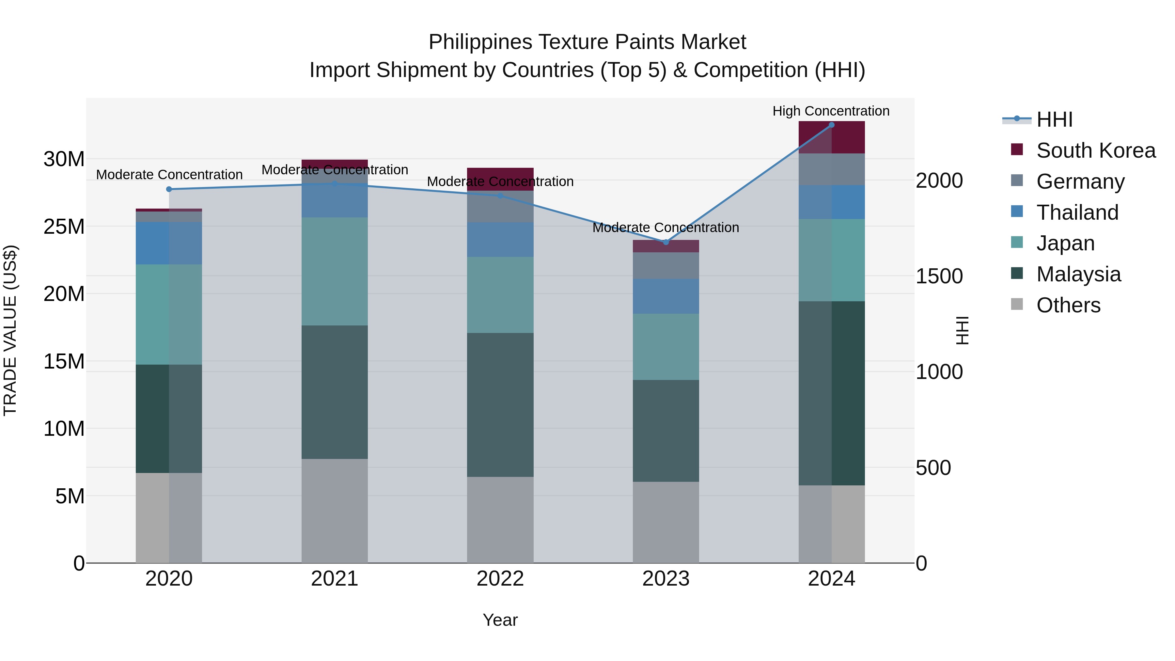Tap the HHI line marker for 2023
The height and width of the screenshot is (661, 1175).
tap(666, 242)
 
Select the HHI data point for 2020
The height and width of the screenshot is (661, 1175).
tap(169, 189)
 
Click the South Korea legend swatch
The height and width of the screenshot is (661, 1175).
tap(1017, 150)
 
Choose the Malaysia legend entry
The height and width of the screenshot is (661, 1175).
tap(1078, 274)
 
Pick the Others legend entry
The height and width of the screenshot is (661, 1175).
tap(1068, 305)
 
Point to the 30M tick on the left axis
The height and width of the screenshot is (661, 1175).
tap(64, 160)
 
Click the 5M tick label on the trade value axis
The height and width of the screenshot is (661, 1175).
tap(70, 496)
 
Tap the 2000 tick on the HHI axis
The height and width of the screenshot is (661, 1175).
tap(939, 181)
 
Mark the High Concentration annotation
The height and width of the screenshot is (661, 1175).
tap(831, 111)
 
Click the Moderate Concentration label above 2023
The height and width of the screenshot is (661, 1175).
tap(666, 228)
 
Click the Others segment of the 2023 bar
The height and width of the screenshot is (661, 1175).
tap(666, 522)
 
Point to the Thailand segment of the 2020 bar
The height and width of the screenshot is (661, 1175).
tap(169, 243)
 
